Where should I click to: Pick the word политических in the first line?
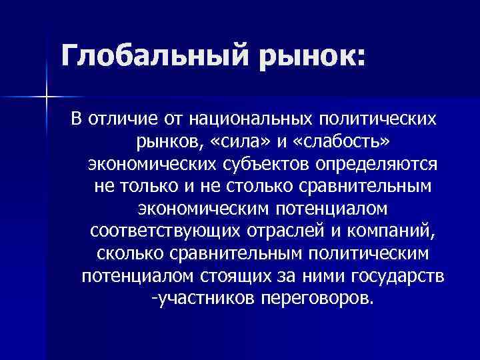(x=381, y=119)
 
